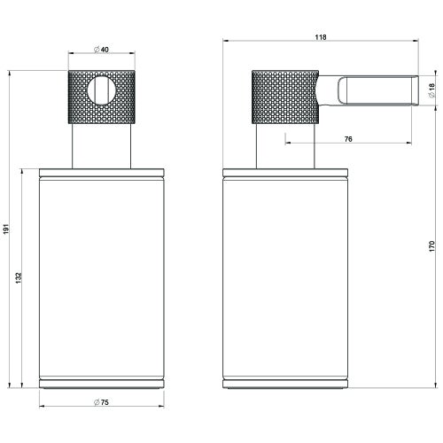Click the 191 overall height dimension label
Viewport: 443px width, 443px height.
click(x=7, y=229)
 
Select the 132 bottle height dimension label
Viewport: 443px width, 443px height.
click(x=19, y=278)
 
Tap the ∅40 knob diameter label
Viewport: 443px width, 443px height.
click(x=101, y=50)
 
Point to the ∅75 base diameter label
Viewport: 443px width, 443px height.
click(x=101, y=402)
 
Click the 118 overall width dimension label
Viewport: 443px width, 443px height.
click(x=321, y=37)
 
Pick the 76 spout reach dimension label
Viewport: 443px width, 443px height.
click(x=348, y=139)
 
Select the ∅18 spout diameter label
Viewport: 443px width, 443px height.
click(x=431, y=90)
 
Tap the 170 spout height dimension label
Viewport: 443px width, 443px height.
click(x=431, y=246)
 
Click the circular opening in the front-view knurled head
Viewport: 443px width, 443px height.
click(x=102, y=90)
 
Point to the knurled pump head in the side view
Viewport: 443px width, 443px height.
click(x=285, y=97)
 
